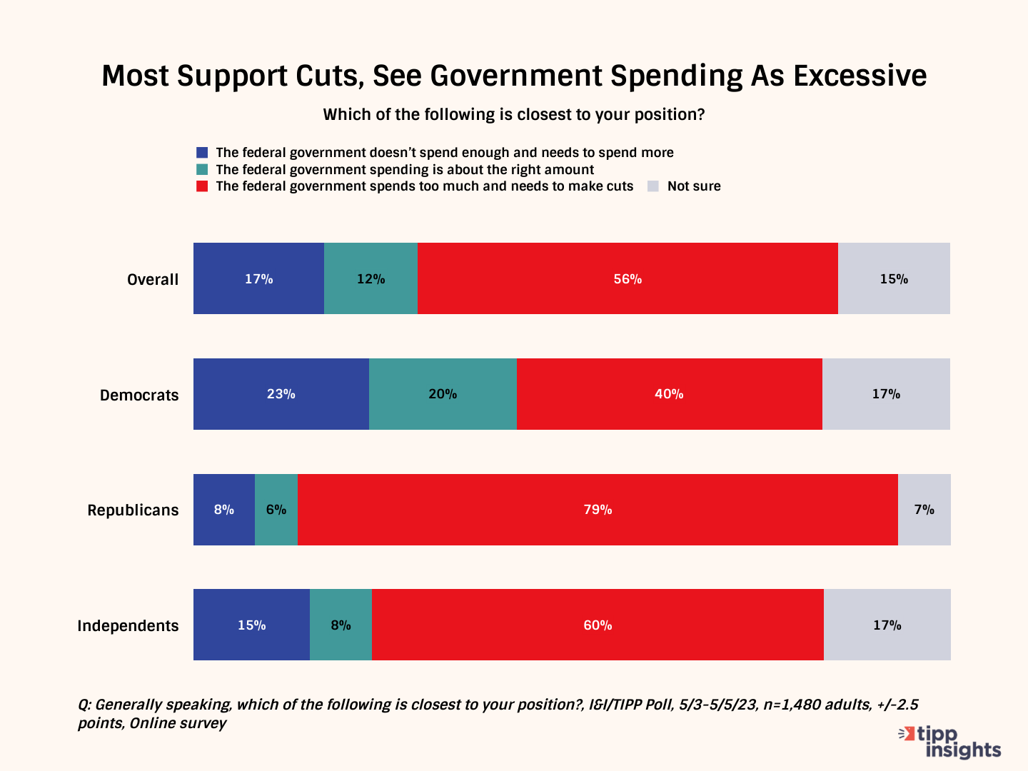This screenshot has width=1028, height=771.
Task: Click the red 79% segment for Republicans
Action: pos(598,510)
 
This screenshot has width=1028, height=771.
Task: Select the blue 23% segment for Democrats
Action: pos(281,394)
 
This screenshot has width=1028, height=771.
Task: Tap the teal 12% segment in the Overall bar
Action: pos(371,278)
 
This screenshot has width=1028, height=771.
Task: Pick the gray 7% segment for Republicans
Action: pos(924,510)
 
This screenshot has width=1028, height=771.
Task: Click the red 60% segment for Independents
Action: pos(598,625)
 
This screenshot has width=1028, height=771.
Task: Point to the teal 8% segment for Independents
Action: pos(341,625)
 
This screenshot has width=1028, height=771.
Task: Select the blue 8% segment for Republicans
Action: pos(223,510)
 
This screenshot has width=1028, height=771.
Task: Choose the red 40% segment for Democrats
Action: pos(669,394)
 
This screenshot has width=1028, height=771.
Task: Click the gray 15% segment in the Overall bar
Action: pos(894,278)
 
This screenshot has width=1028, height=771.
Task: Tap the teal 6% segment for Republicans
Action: pos(276,510)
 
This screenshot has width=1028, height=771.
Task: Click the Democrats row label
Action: pos(139,395)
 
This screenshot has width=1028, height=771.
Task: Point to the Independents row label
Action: pos(128,626)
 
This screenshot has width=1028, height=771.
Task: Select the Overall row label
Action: pos(153,280)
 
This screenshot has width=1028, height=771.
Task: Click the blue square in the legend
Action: pos(202,153)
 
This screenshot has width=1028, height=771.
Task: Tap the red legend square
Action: pos(202,186)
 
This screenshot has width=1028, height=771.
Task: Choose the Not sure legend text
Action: pos(694,186)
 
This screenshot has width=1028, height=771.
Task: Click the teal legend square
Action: pos(202,170)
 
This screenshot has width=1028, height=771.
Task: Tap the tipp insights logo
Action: pos(950,742)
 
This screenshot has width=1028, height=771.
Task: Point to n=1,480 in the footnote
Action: pos(792,705)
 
